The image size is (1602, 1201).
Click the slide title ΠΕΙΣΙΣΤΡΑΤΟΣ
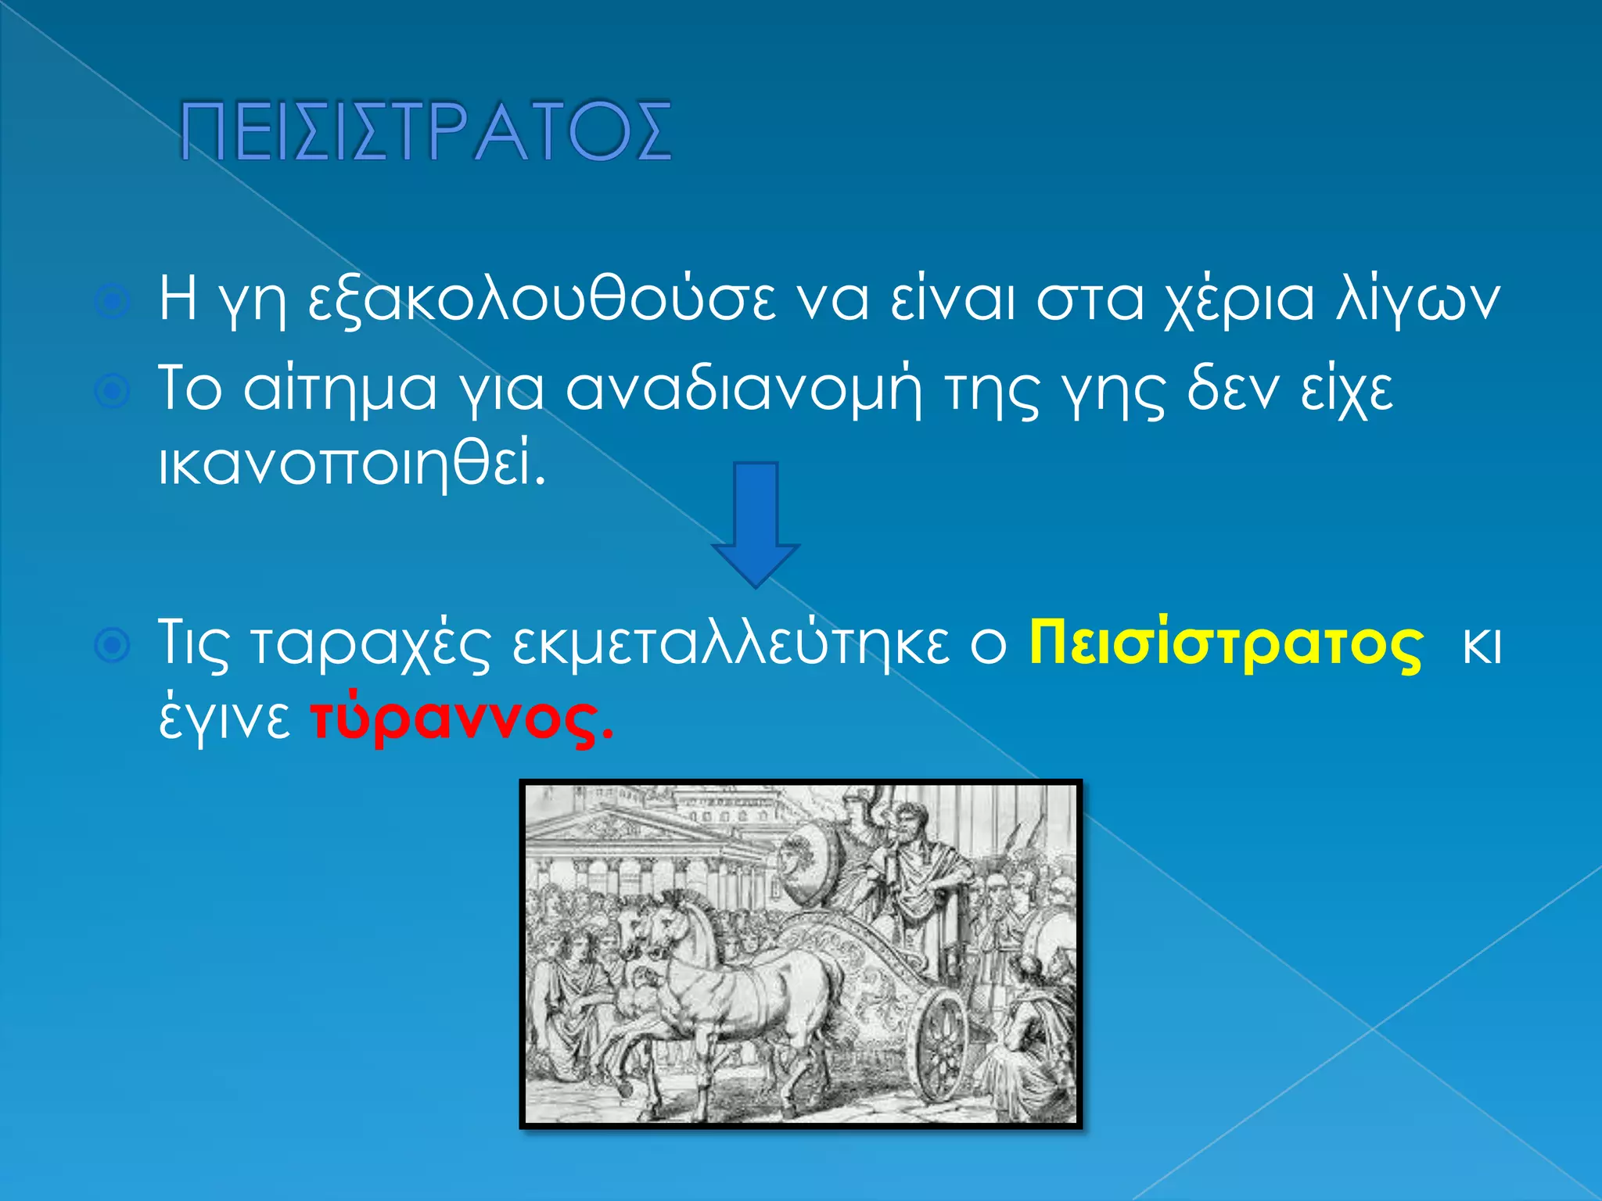[426, 131]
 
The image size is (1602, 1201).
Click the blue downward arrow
[755, 524]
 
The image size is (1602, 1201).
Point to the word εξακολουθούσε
[542, 299]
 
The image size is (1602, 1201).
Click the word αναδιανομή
[743, 389]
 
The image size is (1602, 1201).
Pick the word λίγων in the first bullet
[1416, 299]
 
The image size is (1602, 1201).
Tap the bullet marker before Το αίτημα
[113, 392]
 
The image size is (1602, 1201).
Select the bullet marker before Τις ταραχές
[113, 647]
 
